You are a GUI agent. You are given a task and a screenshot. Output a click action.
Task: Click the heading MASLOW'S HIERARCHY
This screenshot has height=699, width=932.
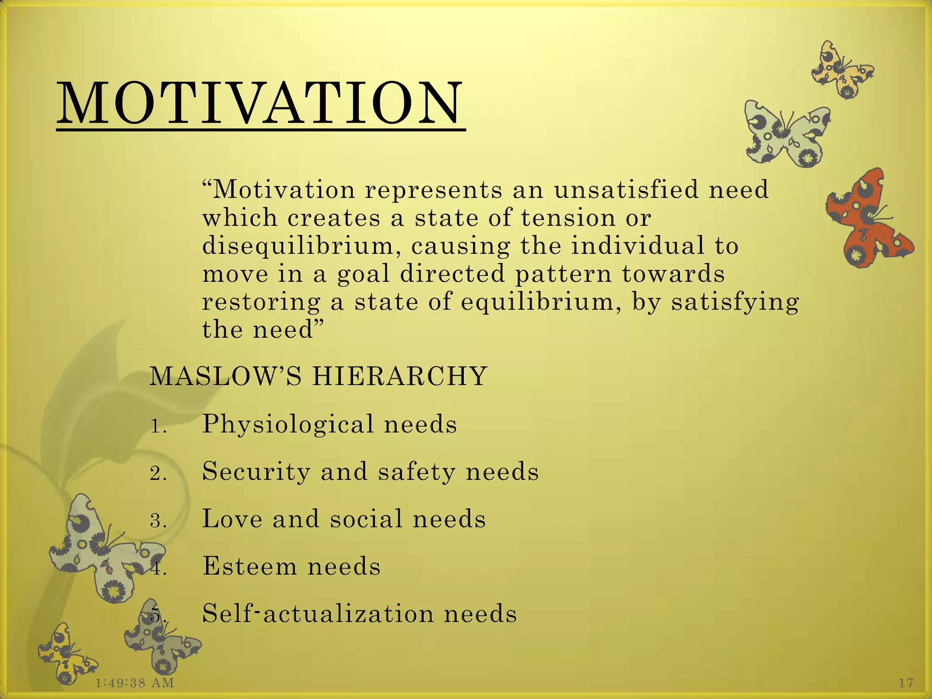[319, 376]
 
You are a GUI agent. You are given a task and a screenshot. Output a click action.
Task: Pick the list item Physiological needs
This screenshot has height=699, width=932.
[329, 424]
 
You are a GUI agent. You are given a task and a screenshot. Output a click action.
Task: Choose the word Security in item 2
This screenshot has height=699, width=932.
[256, 471]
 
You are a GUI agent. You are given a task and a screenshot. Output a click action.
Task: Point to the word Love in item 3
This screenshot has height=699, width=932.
[232, 519]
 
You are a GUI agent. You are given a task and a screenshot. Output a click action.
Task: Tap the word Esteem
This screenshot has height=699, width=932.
[249, 566]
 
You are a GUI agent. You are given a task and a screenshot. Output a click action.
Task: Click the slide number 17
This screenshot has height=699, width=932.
[906, 683]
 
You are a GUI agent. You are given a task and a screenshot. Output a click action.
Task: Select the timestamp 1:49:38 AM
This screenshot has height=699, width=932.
[135, 683]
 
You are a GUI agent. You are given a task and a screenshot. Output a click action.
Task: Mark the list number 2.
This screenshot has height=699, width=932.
[158, 474]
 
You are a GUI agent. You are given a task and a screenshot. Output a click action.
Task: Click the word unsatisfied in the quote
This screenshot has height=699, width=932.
[626, 190]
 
